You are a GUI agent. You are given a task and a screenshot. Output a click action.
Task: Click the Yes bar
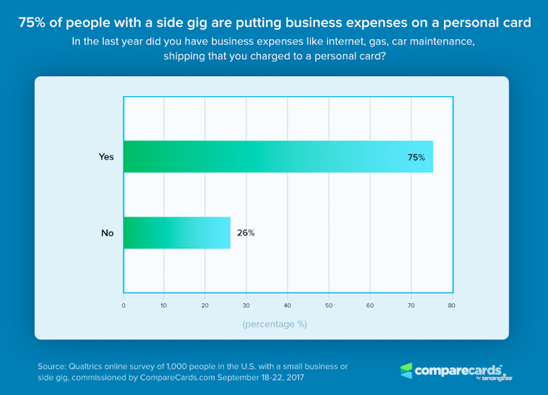tap(277, 156)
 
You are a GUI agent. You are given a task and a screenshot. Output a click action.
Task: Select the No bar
tap(176, 232)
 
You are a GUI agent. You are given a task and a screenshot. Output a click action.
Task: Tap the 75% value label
tap(417, 157)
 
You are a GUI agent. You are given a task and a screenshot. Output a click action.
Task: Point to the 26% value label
tap(246, 232)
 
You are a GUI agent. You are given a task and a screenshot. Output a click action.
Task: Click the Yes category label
tap(106, 157)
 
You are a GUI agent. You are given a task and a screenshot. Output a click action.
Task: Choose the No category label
tap(107, 232)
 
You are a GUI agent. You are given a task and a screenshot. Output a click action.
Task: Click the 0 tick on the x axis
tap(124, 305)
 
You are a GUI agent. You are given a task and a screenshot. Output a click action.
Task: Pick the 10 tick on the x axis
tap(164, 305)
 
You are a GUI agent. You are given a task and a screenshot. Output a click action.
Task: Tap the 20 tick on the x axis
tap(205, 305)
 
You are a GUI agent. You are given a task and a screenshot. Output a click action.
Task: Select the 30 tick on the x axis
tap(246, 305)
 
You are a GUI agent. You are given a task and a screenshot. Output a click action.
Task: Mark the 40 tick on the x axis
tap(287, 305)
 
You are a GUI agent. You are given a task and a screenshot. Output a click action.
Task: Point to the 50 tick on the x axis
tap(329, 305)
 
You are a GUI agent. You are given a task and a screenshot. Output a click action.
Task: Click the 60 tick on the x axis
tap(369, 305)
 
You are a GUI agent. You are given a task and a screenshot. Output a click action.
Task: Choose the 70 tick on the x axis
tap(411, 305)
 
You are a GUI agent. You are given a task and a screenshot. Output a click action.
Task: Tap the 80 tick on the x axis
tap(452, 305)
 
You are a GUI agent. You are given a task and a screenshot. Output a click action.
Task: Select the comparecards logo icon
tap(406, 370)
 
